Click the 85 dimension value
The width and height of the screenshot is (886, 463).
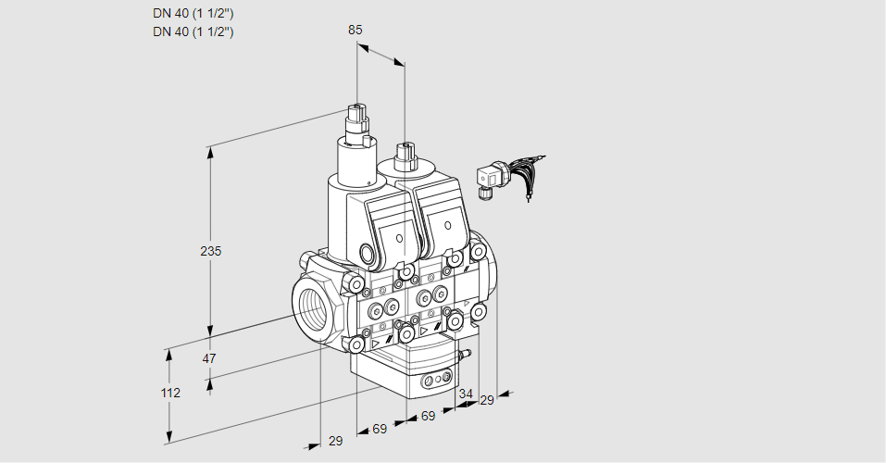(355, 30)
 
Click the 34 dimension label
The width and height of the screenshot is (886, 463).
(465, 394)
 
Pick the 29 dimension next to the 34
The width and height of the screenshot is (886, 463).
(487, 400)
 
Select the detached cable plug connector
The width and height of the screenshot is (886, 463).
(489, 178)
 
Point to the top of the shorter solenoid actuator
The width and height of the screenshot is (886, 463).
(404, 149)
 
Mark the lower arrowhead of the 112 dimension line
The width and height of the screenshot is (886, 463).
(170, 436)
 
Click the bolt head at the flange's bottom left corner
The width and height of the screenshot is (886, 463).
(356, 344)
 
